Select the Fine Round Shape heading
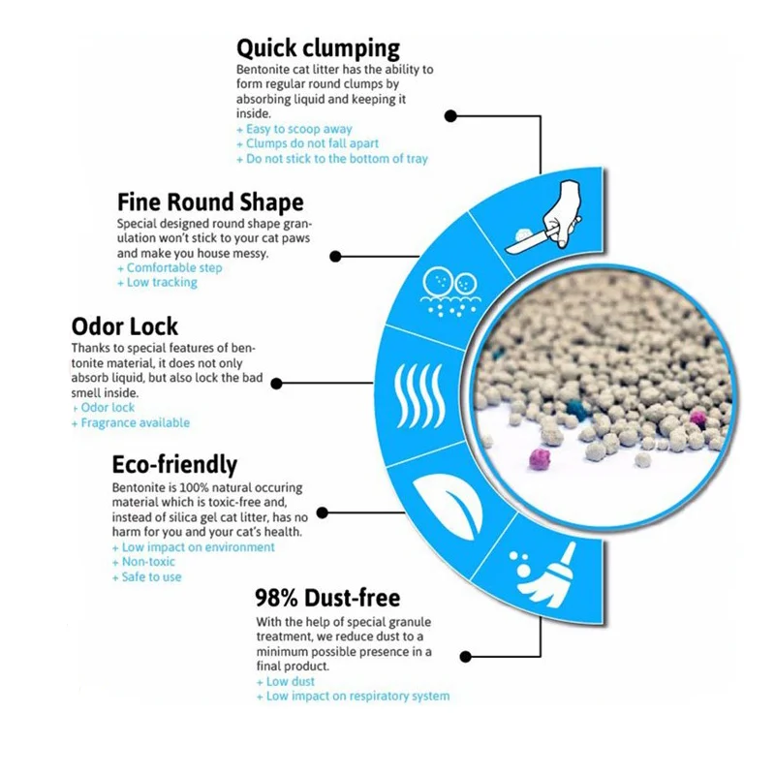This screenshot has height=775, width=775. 210,202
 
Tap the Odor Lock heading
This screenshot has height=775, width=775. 125,326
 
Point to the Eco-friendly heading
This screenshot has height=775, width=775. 174,464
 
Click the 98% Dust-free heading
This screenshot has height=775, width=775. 327,598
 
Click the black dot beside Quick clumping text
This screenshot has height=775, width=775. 450,115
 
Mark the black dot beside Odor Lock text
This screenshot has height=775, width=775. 276,384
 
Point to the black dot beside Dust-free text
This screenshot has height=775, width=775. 466,656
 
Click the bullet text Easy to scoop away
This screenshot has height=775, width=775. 294,129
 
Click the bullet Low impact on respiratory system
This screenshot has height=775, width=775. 354,696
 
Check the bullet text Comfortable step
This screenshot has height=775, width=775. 170,267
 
